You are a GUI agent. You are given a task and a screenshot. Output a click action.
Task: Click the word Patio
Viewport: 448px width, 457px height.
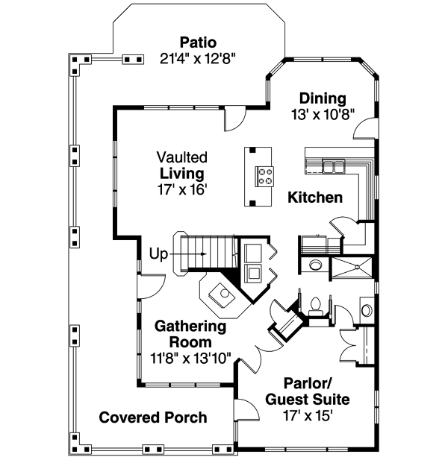198,41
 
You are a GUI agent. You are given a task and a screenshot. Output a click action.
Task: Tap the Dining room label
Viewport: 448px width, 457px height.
323,98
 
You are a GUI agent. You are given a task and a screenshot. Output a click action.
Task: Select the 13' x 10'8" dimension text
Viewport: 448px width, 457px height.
323,114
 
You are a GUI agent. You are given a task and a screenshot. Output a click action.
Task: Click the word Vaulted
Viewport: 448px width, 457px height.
181,157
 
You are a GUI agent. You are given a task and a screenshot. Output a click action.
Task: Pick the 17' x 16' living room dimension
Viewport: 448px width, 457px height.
181,189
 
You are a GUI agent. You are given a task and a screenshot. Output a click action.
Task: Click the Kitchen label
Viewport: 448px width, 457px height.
315,198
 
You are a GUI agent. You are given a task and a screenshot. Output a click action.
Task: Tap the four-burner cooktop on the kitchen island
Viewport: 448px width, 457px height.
265,176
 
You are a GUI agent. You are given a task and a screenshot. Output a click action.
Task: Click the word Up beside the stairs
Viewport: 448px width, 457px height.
159,253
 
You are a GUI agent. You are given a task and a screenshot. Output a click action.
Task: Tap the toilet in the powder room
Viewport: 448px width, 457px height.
316,306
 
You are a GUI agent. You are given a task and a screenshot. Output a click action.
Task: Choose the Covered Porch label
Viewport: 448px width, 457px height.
153,417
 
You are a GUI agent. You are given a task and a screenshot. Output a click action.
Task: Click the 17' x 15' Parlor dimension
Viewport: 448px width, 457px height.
308,415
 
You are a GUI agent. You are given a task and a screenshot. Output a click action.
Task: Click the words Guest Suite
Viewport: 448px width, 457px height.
308,400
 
